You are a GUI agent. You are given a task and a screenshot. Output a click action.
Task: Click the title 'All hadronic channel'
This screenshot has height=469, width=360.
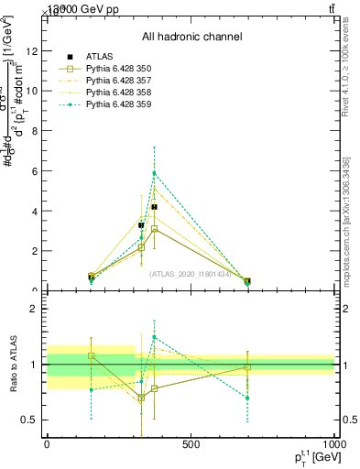coord(191,37)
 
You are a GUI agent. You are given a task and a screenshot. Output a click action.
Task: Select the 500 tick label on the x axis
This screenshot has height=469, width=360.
coord(191,444)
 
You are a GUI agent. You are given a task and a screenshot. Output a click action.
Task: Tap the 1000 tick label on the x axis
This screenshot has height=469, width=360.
coord(334,444)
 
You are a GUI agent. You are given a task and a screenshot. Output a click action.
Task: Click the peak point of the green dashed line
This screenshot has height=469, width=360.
coord(154,173)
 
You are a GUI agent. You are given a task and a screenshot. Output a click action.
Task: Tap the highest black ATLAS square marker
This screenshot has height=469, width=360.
coord(154,207)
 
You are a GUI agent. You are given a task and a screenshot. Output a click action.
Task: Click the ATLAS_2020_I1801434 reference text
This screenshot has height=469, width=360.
coord(191,273)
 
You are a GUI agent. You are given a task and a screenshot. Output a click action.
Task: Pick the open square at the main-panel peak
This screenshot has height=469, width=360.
coord(154,229)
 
